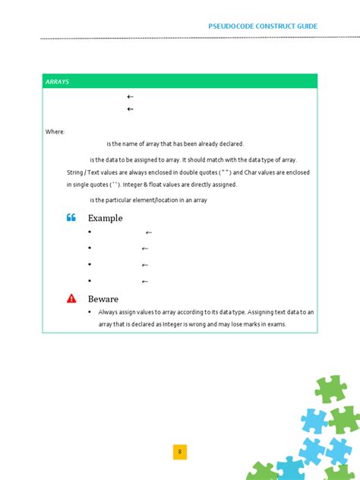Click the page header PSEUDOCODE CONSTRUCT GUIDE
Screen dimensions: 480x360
click(x=263, y=27)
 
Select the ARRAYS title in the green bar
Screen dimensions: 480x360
click(x=57, y=81)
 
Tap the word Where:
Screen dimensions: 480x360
click(x=55, y=132)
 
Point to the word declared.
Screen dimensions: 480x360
click(x=231, y=144)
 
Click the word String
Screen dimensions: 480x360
click(x=75, y=172)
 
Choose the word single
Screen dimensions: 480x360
click(x=81, y=185)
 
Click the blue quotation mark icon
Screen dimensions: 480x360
click(x=71, y=218)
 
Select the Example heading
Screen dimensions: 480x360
click(x=105, y=218)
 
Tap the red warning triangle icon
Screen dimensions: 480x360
click(x=71, y=298)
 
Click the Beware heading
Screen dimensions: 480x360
click(x=103, y=299)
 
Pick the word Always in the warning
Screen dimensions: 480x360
click(x=108, y=312)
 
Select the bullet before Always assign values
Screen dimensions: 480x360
click(x=90, y=311)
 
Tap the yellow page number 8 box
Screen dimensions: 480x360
click(x=180, y=453)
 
